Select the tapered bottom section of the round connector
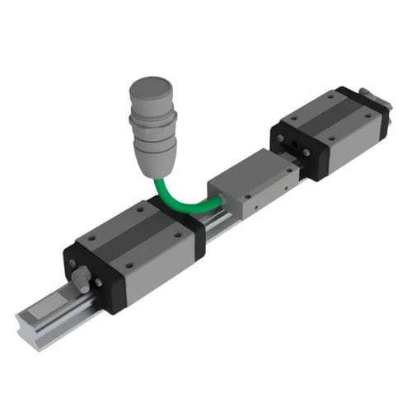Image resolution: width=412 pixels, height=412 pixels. pos(157,161)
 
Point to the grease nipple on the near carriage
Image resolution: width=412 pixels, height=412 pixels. pos(82,277)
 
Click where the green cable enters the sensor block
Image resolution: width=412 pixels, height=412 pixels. pos(218,197)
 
